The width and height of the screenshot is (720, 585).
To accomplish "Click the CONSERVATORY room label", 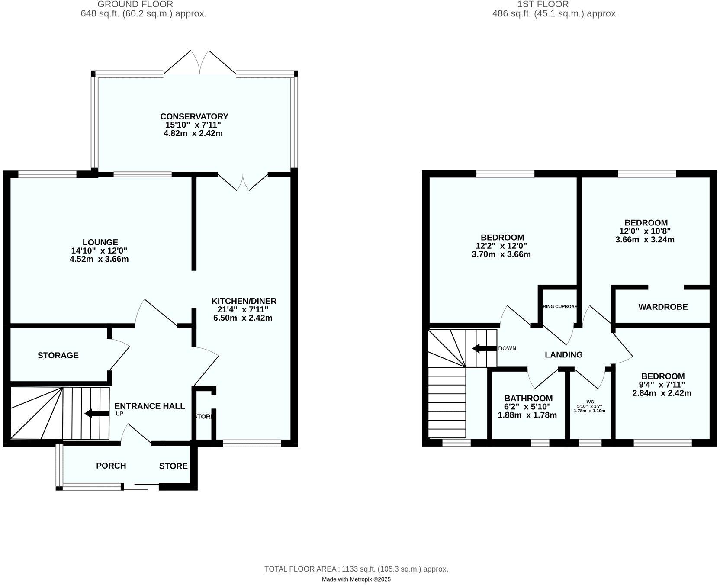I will point(194,116).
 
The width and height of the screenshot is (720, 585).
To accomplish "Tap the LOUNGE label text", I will point(100,242).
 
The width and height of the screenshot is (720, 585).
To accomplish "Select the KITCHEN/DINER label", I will point(244,301).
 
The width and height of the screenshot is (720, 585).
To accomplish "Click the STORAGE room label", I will point(58,355).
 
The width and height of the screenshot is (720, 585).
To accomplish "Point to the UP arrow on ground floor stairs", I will point(97,414).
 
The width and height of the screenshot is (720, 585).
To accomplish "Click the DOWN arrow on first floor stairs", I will point(484,348).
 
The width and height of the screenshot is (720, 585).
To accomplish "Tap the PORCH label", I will point(111,466).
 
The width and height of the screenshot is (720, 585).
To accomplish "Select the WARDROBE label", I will point(662,307).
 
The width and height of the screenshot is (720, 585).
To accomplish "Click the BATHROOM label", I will point(528,398).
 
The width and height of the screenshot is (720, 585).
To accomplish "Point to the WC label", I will point(590,402).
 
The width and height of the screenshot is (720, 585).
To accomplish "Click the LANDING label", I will point(563,355).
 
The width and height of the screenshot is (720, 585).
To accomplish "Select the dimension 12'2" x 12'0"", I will point(502,246).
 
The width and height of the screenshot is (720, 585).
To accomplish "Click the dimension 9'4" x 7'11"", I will point(663,385).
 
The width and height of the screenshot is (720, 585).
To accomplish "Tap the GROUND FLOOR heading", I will point(135,4).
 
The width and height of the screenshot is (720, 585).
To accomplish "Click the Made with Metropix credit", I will point(356,579).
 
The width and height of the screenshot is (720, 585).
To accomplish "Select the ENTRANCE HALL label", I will point(149,406).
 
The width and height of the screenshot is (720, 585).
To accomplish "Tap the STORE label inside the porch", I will point(173,466).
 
